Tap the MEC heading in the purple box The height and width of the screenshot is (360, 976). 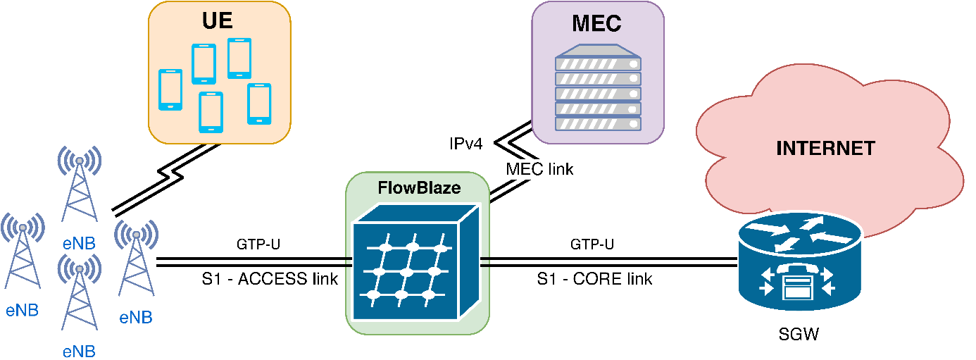[597, 23]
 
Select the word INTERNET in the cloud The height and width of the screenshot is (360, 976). [825, 149]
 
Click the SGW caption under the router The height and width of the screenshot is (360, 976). [799, 335]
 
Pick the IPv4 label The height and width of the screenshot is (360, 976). [465, 144]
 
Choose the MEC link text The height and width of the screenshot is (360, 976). [539, 169]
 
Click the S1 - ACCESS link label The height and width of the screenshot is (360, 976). [270, 279]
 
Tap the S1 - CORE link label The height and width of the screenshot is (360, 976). [594, 279]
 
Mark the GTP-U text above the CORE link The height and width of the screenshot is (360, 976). [592, 244]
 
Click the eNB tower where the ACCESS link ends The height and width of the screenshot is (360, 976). [136, 264]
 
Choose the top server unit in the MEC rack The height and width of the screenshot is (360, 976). [598, 62]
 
